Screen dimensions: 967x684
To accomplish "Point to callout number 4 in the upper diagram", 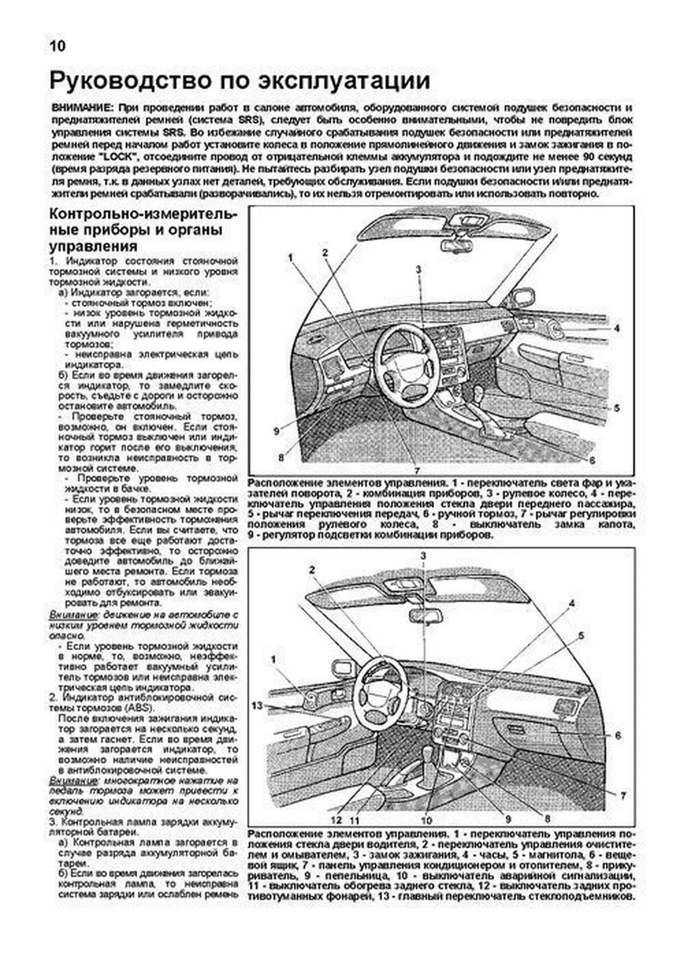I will pyautogui.click(x=617, y=329).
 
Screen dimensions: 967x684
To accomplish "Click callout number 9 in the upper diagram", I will pyautogui.click(x=276, y=432).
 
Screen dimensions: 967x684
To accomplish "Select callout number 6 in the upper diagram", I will pyautogui.click(x=592, y=460).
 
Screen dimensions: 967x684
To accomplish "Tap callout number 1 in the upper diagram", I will pyautogui.click(x=290, y=258).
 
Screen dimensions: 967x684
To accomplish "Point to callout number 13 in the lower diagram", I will pyautogui.click(x=257, y=706).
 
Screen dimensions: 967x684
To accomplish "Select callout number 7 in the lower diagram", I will pyautogui.click(x=624, y=795).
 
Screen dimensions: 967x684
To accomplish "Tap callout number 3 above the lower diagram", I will pyautogui.click(x=423, y=555).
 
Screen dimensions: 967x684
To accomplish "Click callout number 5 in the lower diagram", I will pyautogui.click(x=581, y=635).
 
